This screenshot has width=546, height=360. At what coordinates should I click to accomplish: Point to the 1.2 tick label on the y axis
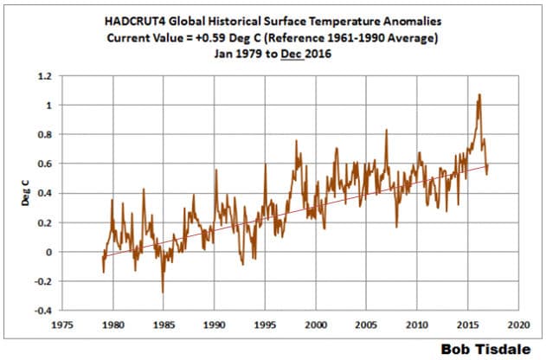pyautogui.click(x=42, y=76)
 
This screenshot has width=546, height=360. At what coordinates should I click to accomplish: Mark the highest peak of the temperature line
pyautogui.click(x=479, y=94)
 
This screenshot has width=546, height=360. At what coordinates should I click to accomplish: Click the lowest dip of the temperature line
pyautogui.click(x=162, y=292)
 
